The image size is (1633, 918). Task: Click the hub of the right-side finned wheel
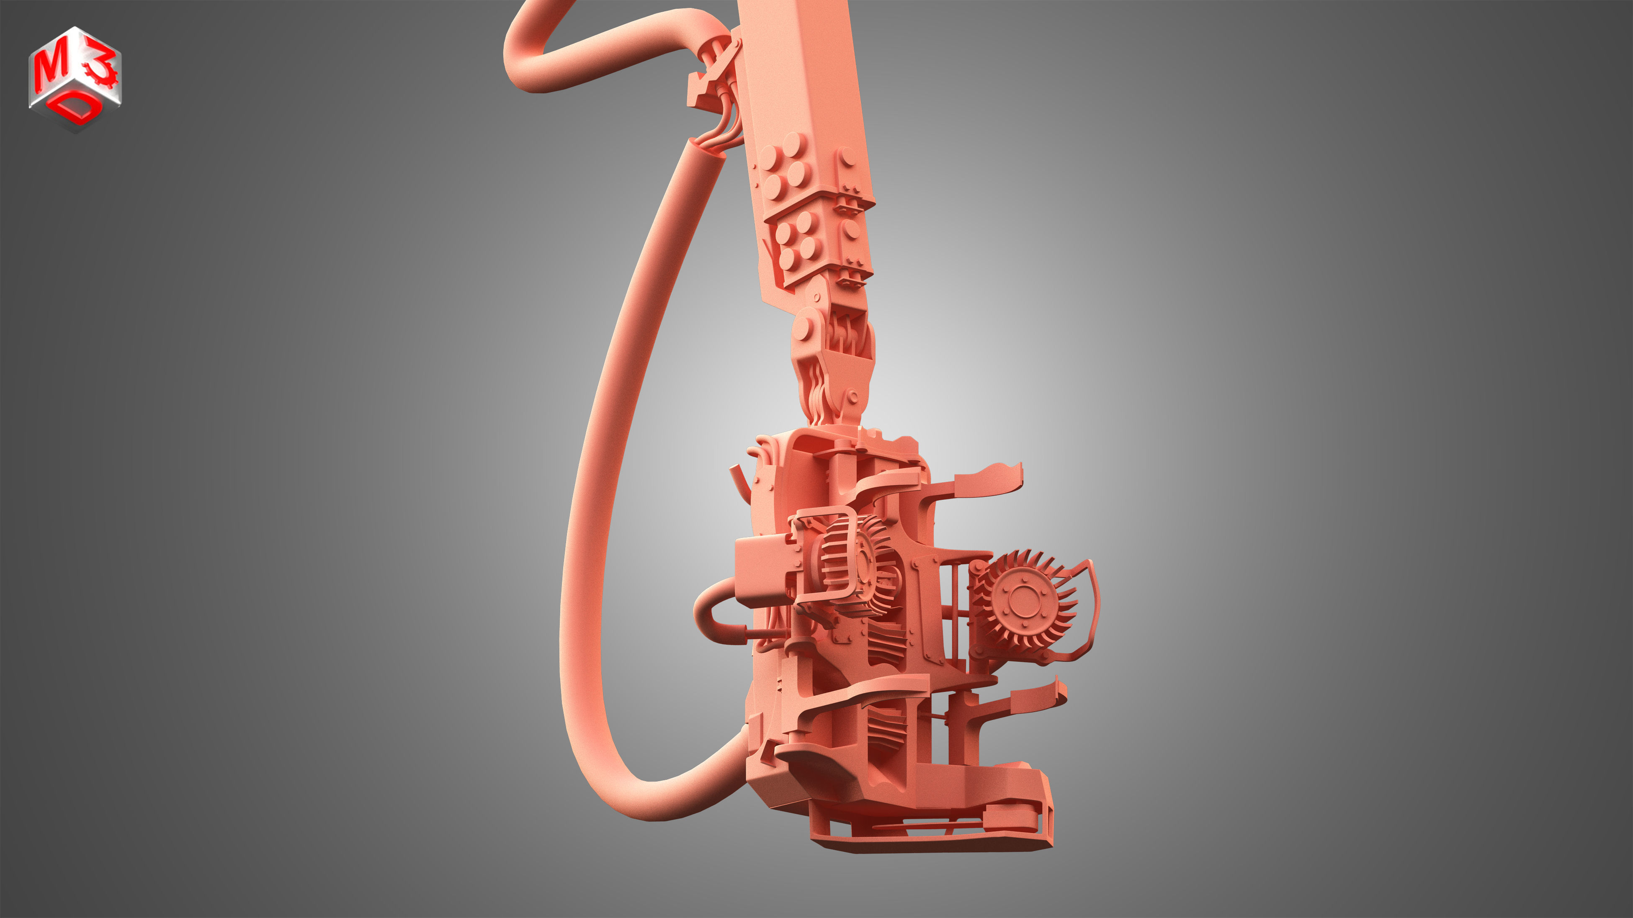tap(1021, 599)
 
